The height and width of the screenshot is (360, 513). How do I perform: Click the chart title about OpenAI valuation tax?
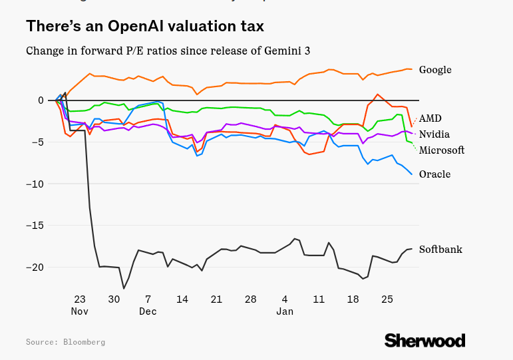click(145, 27)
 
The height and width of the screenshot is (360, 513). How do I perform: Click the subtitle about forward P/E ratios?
click(168, 51)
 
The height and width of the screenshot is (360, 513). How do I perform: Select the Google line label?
click(435, 70)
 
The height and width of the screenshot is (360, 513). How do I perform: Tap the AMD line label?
click(430, 118)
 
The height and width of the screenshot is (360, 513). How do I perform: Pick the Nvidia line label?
click(434, 134)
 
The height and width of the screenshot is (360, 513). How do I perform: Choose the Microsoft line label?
click(441, 150)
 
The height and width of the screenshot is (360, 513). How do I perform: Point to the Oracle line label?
click(434, 174)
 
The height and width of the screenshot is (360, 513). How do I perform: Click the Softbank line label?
click(440, 250)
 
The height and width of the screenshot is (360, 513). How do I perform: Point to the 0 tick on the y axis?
click(41, 100)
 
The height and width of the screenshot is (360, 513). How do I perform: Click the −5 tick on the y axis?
click(38, 142)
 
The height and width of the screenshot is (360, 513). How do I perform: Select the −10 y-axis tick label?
click(36, 184)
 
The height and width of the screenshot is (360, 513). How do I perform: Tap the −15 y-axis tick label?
click(36, 226)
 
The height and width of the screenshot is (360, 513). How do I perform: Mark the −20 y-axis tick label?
click(36, 267)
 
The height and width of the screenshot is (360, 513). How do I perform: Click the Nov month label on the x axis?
click(80, 311)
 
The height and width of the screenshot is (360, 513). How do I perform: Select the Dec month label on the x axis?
click(148, 311)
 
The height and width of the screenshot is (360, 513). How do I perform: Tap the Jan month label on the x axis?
click(285, 311)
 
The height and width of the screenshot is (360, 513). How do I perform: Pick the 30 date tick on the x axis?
click(114, 299)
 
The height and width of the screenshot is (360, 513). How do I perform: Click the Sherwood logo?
click(424, 340)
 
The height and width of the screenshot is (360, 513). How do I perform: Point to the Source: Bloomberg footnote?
click(65, 342)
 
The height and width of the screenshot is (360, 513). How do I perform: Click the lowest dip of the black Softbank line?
click(123, 288)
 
